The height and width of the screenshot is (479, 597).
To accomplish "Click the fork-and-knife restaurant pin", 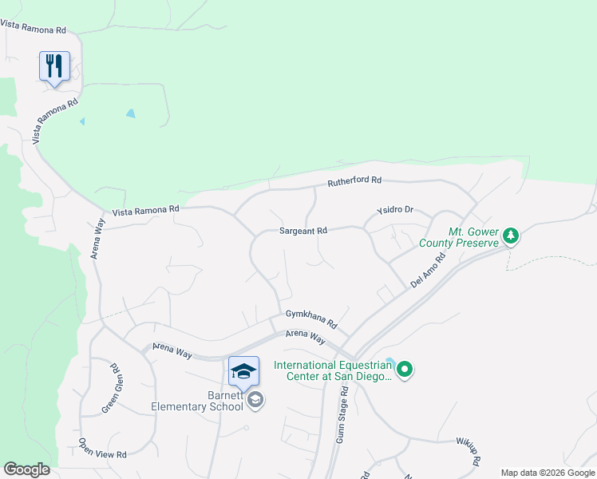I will [54, 65].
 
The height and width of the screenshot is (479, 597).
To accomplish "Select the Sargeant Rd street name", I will [303, 231].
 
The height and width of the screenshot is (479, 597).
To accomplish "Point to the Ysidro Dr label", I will [395, 211].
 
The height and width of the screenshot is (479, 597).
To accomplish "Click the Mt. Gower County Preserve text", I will [472, 238].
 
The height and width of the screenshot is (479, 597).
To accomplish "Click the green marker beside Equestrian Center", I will [405, 369].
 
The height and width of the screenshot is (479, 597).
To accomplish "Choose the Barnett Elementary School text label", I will [198, 401].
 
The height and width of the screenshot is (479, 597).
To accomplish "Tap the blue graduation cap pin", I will [243, 371].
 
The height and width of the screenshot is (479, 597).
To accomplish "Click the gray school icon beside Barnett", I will [255, 400].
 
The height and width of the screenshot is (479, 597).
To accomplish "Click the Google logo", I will [26, 469].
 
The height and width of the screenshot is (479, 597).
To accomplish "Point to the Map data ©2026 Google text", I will [548, 473].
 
